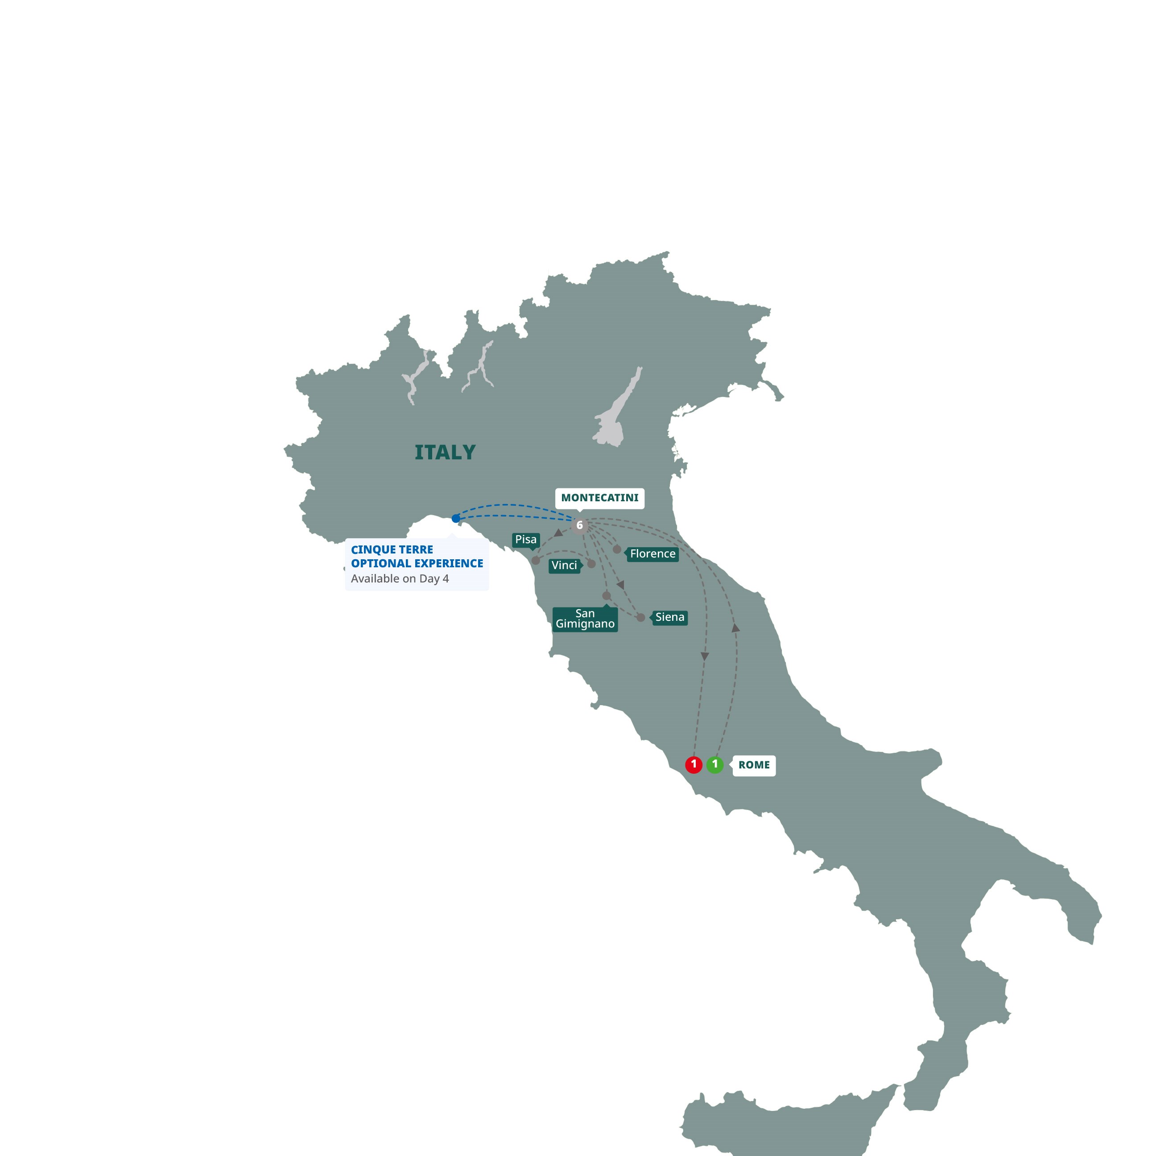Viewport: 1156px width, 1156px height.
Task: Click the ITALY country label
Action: tap(445, 452)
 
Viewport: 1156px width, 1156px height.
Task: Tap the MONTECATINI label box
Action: tap(599, 498)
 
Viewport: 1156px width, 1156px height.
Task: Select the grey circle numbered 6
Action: tap(579, 525)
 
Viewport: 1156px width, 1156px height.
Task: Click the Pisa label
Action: tap(526, 540)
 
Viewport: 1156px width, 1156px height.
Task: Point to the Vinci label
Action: tap(564, 566)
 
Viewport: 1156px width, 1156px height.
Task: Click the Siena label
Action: tap(669, 618)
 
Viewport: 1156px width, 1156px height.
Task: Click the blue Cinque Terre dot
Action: tap(456, 518)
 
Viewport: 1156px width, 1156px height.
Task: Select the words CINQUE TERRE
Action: tap(392, 550)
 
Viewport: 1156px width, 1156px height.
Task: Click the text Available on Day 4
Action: tap(400, 578)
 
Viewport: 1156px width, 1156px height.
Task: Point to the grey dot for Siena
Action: tap(641, 618)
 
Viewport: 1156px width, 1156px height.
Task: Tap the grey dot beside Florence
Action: tap(617, 549)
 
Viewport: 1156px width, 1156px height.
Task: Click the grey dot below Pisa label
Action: tap(536, 561)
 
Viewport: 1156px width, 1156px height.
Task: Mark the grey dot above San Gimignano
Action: tap(606, 596)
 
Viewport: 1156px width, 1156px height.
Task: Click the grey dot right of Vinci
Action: tap(591, 564)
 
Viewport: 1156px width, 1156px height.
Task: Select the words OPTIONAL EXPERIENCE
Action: tap(417, 564)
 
